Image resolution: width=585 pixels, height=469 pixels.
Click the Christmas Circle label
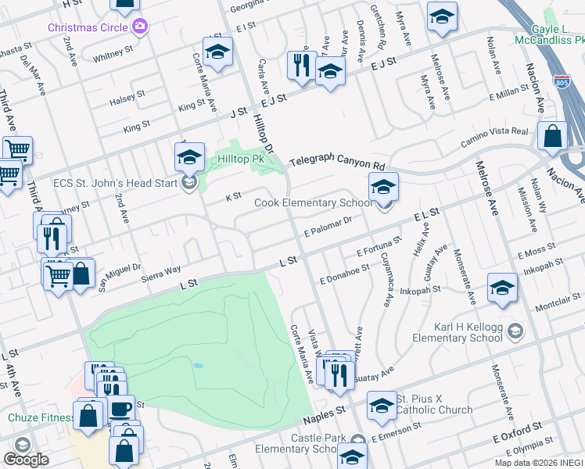pos(88,27)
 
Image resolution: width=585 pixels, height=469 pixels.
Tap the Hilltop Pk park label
pos(242,159)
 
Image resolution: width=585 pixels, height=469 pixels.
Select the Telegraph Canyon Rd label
pos(338,165)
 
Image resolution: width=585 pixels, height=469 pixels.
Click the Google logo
pos(27,460)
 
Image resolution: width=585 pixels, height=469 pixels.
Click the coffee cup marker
pos(120,410)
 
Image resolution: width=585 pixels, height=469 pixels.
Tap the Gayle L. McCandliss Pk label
pos(549,34)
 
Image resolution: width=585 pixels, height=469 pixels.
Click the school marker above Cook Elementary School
pos(383,186)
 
